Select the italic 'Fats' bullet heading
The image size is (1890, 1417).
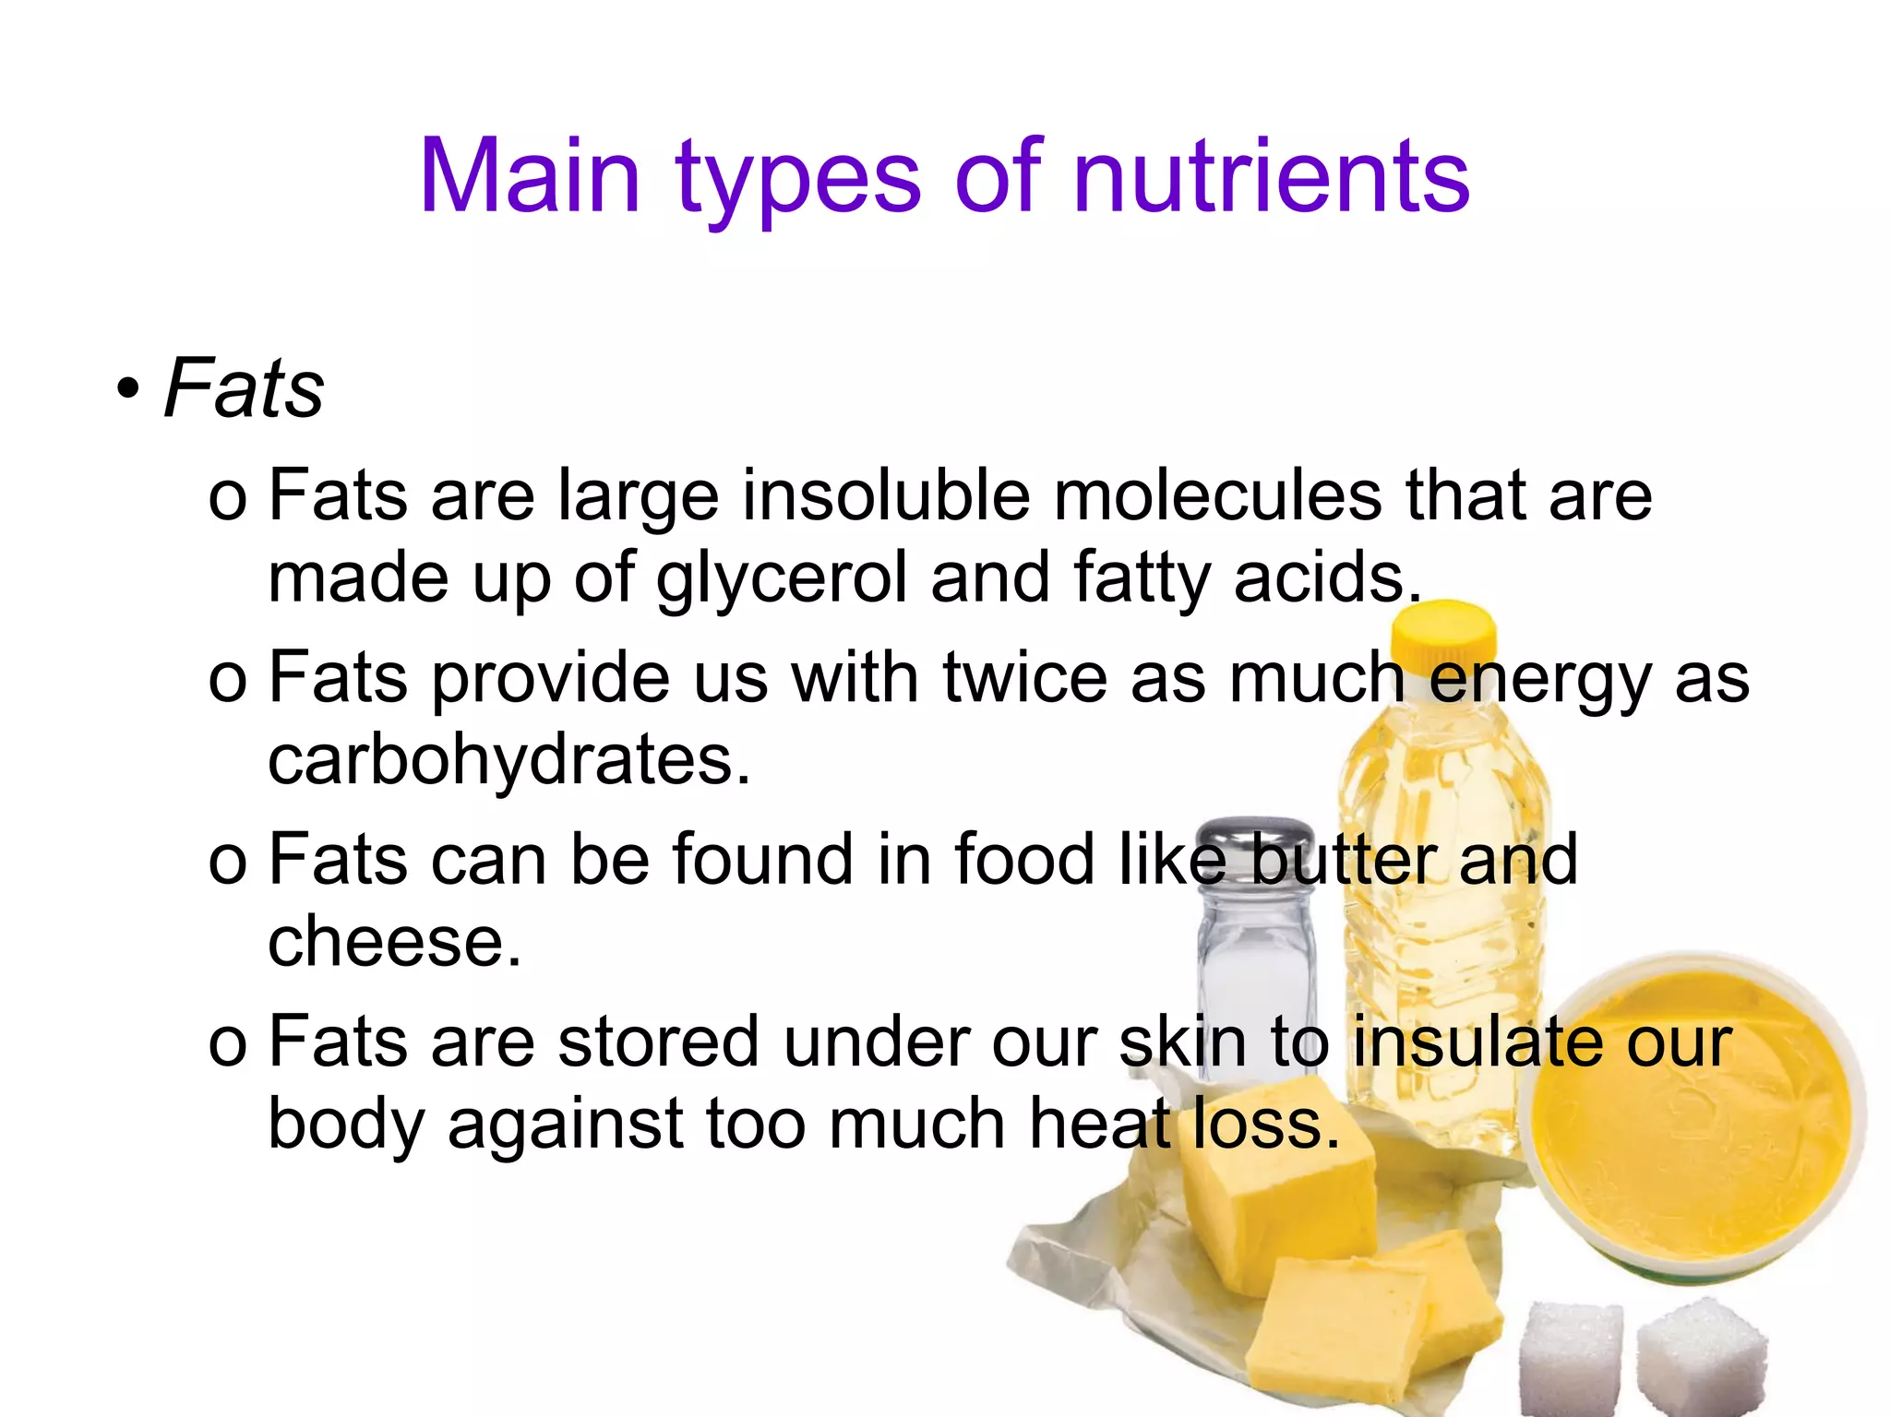[x=244, y=388]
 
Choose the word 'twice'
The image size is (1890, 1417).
[x=1024, y=678]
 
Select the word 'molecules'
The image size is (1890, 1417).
[x=1218, y=495]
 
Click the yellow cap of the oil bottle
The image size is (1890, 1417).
[x=1444, y=637]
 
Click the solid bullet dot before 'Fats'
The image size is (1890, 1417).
[x=128, y=389]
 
